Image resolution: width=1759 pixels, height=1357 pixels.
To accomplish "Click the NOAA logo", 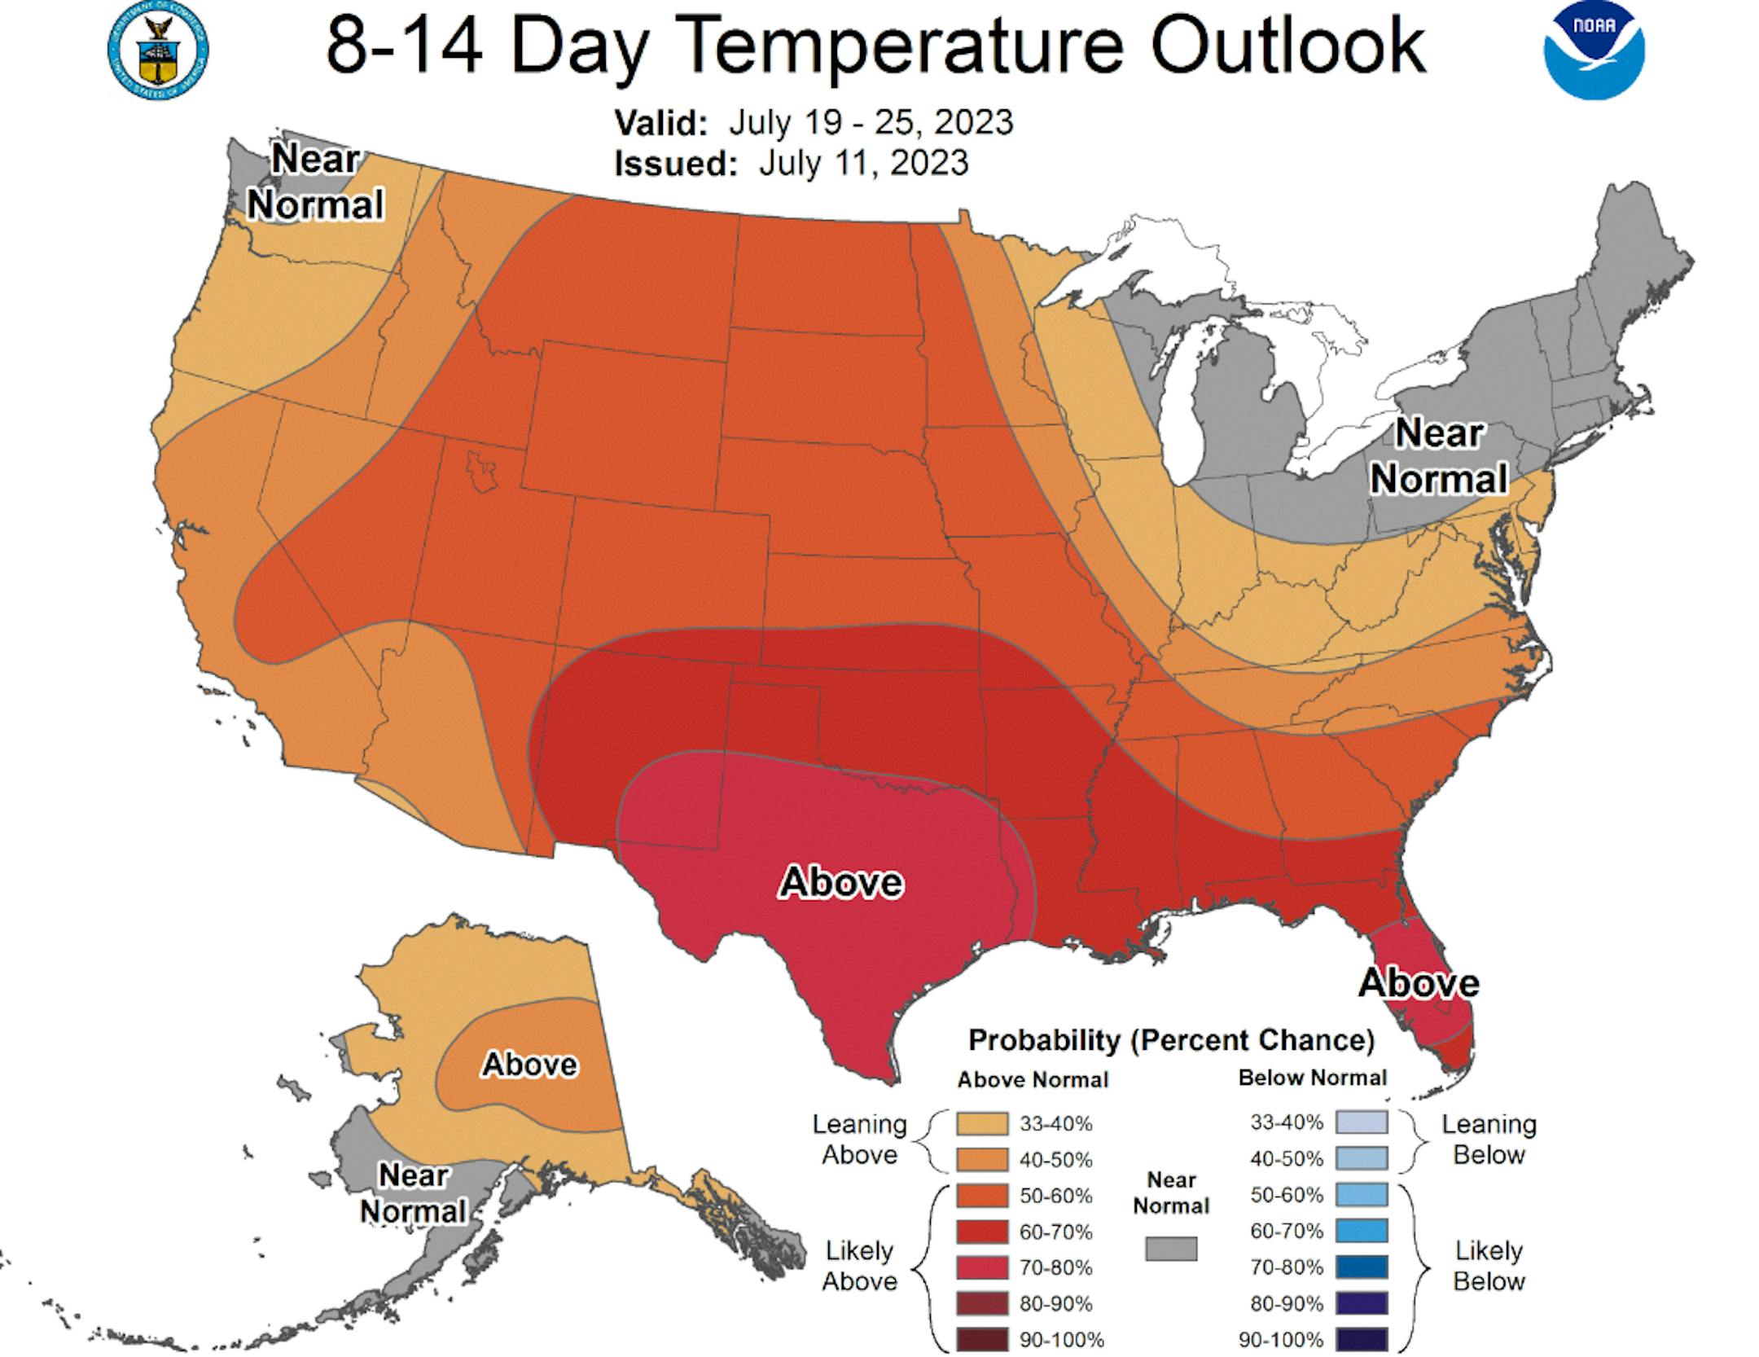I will pos(1594,51).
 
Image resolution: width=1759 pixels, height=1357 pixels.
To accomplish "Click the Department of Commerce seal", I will pos(158,50).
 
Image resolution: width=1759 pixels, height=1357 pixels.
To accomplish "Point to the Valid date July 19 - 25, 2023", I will pos(870,123).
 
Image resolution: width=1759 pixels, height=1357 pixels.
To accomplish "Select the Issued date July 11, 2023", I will pos(863,163).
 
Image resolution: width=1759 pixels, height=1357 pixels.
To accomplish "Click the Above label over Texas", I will pos(841,882).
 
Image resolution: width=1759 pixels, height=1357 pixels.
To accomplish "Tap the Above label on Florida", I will pos(1419,983).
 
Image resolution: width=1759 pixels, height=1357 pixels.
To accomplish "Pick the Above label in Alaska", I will pos(529,1064).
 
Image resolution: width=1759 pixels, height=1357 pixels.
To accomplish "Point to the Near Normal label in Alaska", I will pos(413,1192).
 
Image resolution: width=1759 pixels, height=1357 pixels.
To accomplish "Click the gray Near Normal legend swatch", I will pos(1171,1249).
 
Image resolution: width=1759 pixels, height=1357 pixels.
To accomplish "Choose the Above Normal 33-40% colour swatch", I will pos(983,1124).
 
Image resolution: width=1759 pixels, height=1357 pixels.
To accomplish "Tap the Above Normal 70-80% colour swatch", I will pos(983,1267).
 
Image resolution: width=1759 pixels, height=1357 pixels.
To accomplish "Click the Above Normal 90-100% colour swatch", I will pos(983,1339).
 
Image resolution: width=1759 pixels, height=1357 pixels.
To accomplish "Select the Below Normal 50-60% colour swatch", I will pos(1361,1195).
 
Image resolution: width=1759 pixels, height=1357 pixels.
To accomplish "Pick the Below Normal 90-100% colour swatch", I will pos(1361,1339).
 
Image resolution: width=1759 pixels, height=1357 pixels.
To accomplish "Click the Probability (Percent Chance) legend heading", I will pos(1171,1040).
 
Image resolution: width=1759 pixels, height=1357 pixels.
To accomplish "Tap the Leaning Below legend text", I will pos(1489,1139).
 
